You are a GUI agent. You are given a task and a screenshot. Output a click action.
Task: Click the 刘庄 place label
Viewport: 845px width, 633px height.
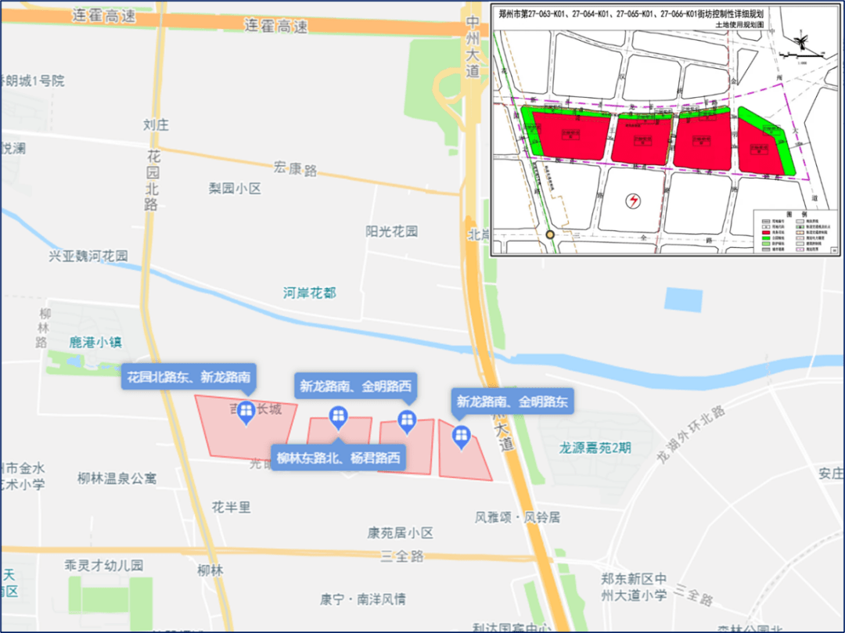tap(156, 124)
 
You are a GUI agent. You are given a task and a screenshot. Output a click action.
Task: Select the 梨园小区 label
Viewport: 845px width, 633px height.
tap(234, 189)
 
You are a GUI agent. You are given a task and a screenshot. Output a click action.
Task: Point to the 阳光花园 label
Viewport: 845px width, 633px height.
tap(391, 232)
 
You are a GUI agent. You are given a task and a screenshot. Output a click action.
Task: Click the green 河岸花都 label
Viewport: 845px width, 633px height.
tap(310, 293)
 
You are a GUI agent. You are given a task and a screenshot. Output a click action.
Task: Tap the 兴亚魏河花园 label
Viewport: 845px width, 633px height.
tap(88, 256)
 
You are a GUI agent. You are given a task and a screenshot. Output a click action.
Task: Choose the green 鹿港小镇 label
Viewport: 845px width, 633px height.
tap(95, 342)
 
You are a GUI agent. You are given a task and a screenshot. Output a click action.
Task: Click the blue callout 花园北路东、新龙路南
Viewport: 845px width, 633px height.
tap(189, 378)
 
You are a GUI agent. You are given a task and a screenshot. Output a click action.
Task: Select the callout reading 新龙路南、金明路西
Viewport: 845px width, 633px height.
tap(354, 386)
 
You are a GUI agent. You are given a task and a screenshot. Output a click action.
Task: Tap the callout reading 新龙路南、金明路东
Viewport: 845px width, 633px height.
tap(514, 402)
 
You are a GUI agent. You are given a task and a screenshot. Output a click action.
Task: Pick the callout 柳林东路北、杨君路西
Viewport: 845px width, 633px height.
tap(340, 458)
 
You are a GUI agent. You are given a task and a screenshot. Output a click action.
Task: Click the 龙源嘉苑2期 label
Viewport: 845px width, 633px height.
tap(595, 448)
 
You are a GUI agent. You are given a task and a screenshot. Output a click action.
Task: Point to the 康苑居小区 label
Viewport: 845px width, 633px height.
tap(400, 533)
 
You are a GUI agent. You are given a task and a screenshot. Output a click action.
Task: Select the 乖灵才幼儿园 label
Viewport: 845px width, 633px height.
tap(104, 565)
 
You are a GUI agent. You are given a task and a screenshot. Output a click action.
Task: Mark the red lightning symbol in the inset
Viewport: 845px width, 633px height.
tap(632, 201)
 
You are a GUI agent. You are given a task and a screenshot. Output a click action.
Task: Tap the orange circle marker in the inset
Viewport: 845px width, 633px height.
tap(550, 234)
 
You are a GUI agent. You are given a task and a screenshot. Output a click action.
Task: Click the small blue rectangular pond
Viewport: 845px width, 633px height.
tap(683, 300)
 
